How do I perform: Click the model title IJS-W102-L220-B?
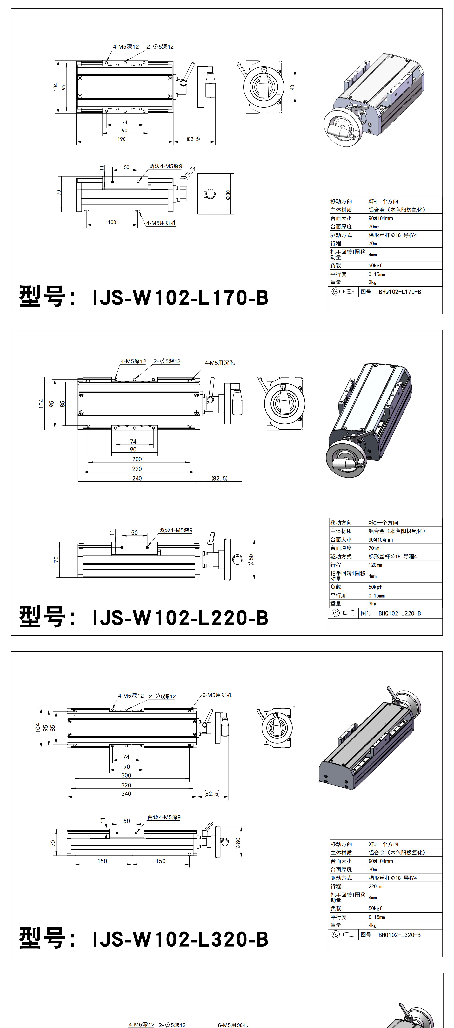[x=180, y=618]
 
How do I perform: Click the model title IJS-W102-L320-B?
[x=180, y=939]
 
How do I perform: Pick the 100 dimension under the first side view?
[x=112, y=222]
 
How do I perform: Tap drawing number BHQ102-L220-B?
[x=399, y=613]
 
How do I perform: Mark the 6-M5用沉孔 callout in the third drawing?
[x=217, y=695]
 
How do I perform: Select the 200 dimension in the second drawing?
[x=137, y=459]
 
